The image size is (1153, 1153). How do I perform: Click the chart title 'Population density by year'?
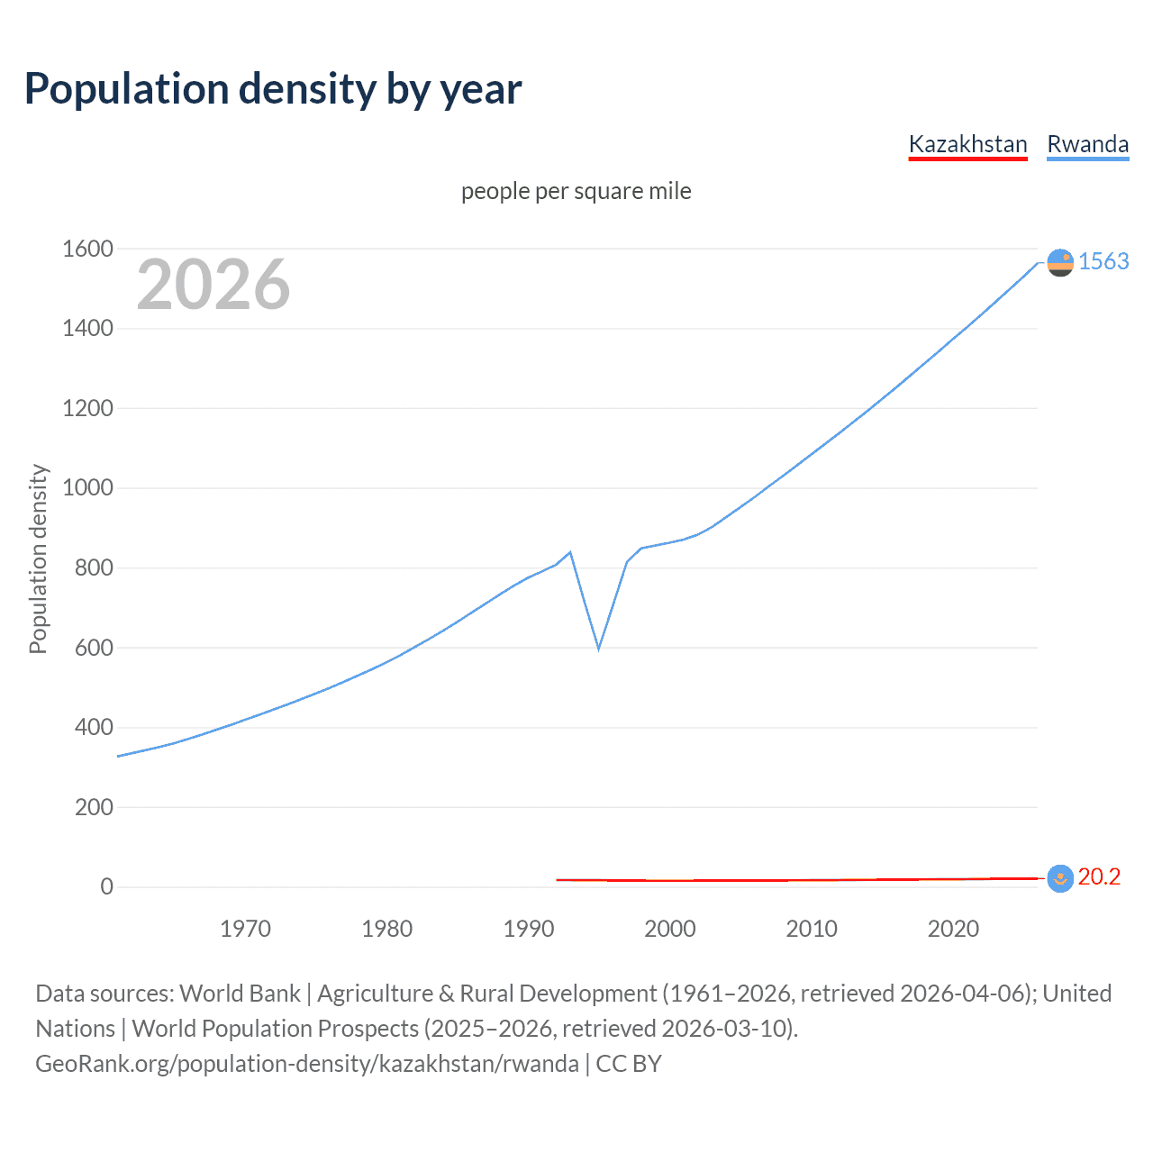pos(273,89)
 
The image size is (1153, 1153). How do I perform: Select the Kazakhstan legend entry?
pos(967,144)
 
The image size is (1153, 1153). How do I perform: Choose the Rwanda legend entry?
pos(1087,144)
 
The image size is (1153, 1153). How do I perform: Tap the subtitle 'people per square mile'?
pos(576,191)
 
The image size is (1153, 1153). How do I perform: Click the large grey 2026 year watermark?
pos(213,285)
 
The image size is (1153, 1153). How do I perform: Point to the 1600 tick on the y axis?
pos(87,249)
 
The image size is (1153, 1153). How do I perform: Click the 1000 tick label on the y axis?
pos(87,488)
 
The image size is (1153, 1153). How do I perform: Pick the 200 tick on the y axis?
pos(94,807)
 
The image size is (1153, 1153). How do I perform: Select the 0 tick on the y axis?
pos(106,886)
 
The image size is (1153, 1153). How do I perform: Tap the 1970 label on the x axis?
pos(245,929)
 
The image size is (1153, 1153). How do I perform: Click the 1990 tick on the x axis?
pos(529,929)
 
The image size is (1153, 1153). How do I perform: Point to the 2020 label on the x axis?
pos(953,929)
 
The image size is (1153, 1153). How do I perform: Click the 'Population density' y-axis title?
pos(38,558)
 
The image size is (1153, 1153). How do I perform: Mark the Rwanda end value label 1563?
pos(1103,261)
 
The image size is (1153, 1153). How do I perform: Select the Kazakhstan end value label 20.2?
pos(1099,876)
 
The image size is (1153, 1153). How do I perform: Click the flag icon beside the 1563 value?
pos(1060,262)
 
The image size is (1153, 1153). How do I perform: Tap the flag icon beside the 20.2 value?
pos(1060,878)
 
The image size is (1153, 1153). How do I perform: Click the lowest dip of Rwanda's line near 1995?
pos(598,649)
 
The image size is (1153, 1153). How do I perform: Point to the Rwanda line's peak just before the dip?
pos(570,552)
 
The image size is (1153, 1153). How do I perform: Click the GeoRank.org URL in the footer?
pos(307,1064)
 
